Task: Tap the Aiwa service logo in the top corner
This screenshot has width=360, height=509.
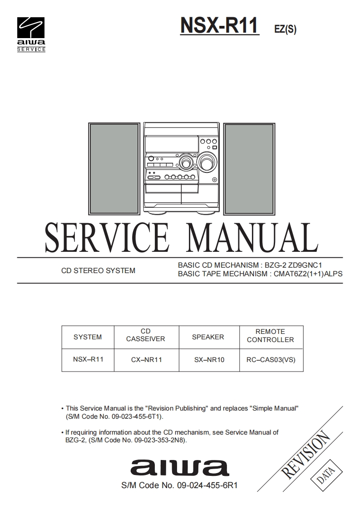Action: pos(31,34)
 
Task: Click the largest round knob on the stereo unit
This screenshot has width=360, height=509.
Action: pos(206,162)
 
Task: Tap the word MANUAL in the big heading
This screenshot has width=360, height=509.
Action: pos(252,238)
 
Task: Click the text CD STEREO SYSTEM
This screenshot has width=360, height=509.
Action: pos(98,271)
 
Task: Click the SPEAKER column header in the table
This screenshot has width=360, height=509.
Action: pos(208,337)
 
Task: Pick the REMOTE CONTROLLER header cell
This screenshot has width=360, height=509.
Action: pos(270,336)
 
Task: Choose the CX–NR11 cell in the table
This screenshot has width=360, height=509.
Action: pos(146,360)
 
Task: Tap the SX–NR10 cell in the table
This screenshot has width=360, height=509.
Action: pos(209,360)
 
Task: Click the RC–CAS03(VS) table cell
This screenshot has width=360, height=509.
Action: pos(271,360)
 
